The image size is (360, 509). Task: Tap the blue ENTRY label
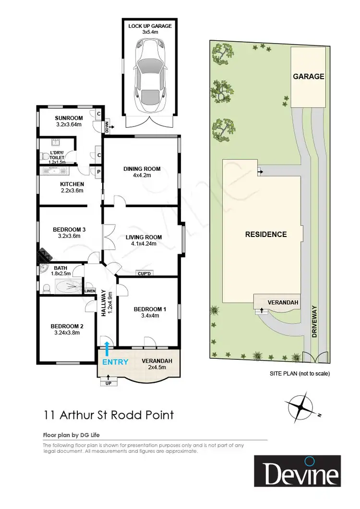tap(115, 362)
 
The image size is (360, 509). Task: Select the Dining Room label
tap(142, 169)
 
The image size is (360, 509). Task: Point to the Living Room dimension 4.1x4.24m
tap(144, 244)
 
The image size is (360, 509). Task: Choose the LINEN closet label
tap(90, 291)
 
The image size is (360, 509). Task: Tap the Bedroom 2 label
tap(67, 327)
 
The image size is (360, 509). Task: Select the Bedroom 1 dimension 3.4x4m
tap(149, 316)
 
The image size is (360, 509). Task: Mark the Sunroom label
tap(69, 118)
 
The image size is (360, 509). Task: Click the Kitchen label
tap(72, 184)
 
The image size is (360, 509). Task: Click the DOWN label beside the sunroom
tap(107, 127)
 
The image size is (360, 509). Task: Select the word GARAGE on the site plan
tap(309, 76)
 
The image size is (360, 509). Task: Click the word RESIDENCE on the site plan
tap(266, 235)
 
